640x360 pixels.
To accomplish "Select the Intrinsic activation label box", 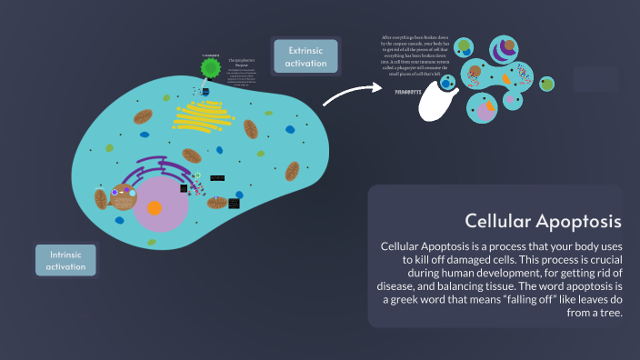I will [66, 261].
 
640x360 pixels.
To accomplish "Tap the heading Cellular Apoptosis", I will [543, 221].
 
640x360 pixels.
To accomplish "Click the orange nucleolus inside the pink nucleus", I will [155, 208].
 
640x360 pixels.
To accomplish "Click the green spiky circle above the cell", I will [211, 68].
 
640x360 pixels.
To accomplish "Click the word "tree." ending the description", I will [606, 312].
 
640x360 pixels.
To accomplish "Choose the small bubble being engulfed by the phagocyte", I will [447, 83].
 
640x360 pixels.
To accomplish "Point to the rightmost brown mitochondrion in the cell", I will [293, 171].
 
